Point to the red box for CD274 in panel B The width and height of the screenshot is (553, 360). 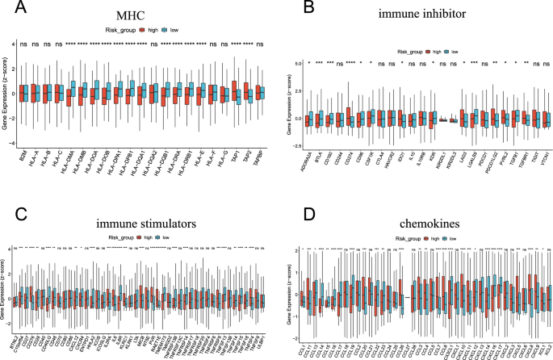(348, 118)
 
